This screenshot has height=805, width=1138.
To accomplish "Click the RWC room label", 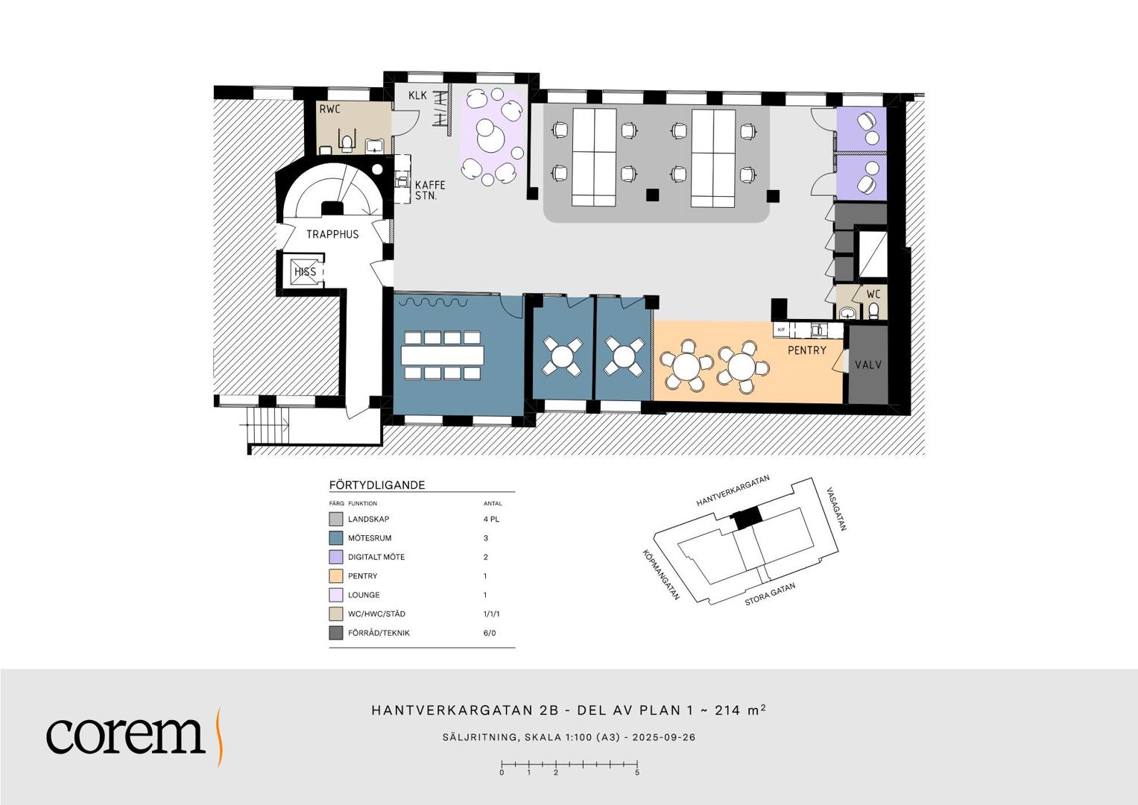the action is point(329,110).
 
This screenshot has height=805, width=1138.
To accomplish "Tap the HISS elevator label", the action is point(306,272).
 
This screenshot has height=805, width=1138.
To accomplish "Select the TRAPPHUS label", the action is point(332,234).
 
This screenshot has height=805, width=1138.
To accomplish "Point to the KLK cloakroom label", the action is point(417,95).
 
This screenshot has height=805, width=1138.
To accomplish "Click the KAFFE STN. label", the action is point(430,191).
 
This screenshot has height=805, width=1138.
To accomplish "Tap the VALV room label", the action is point(868,365).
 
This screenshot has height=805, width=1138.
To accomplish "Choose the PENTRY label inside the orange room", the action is point(807,350).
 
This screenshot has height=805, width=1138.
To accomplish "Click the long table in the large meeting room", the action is point(442,356).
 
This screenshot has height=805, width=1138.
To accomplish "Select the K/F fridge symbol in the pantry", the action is point(781,329).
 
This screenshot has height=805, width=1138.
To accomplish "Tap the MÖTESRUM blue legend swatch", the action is point(335,538).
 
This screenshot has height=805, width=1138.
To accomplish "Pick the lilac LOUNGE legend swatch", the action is point(335,595).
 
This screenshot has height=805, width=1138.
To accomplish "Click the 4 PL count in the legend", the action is point(491,520).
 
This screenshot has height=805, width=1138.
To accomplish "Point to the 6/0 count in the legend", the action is point(490,634).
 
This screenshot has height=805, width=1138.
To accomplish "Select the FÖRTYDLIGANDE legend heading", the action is point(377,484).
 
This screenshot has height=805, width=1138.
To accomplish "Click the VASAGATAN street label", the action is point(836,508).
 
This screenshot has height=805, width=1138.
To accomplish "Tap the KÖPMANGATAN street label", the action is point(661,575).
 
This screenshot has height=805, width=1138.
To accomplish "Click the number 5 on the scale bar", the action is point(637,773).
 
